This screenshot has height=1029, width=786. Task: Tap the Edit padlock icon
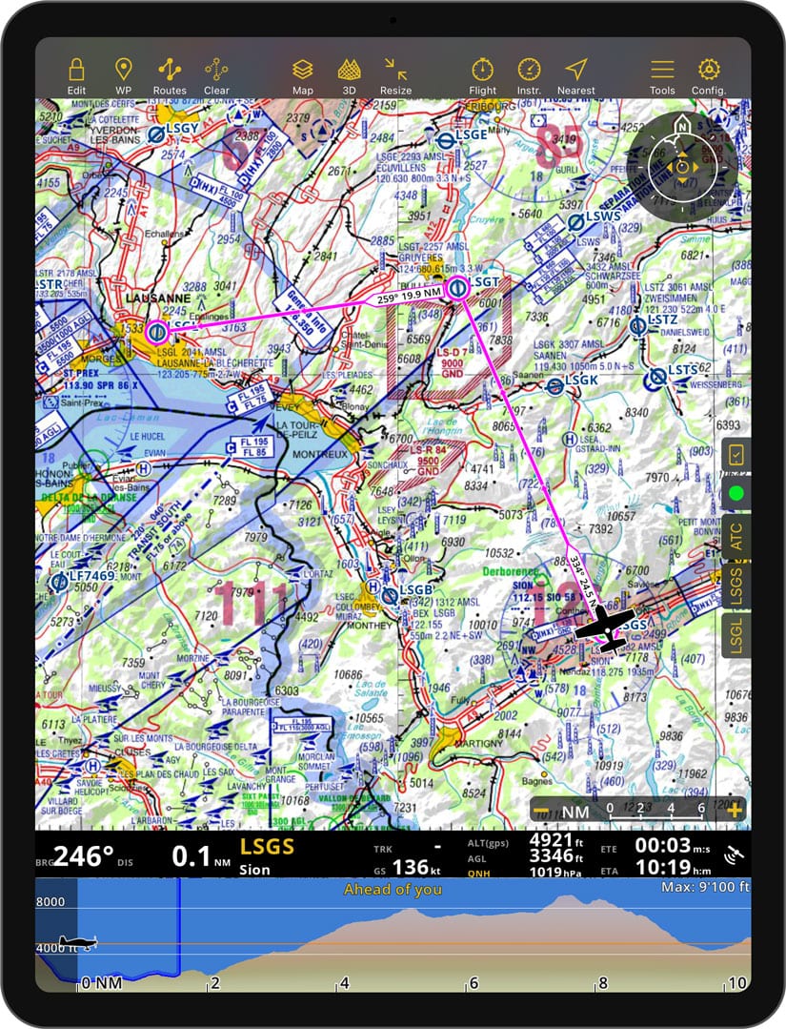[x=76, y=70]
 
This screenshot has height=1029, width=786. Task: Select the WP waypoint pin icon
[x=123, y=70]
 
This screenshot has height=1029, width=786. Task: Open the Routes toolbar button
[x=170, y=70]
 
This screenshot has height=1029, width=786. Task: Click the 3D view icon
[x=349, y=70]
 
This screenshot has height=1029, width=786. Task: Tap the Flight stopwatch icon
[x=483, y=70]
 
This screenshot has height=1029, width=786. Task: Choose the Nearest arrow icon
[x=575, y=70]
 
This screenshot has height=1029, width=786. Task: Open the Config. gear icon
[x=708, y=70]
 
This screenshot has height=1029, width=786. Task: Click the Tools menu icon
[x=662, y=70]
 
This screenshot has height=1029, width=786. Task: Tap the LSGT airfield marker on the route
[x=457, y=286]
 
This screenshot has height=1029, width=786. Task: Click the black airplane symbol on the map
[x=604, y=628]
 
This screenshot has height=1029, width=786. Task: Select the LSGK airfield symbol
[x=555, y=385]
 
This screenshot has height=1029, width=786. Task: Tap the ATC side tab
[x=736, y=539]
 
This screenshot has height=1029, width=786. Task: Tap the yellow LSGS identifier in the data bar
[x=267, y=847]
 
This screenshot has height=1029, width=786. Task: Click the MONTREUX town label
[x=299, y=456]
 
